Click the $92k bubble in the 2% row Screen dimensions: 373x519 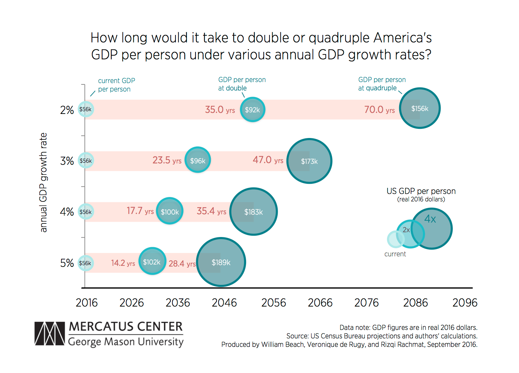tap(253, 110)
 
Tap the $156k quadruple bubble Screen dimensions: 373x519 tap(420, 108)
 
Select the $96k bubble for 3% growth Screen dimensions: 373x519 tap(198, 160)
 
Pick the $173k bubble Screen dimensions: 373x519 tap(309, 161)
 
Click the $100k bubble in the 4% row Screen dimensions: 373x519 tap(170, 211)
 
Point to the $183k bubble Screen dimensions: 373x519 tap(254, 212)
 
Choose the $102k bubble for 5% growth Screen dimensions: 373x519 tap(152, 261)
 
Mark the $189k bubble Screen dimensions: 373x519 tap(221, 262)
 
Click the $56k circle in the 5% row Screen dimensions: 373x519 tap(85, 263)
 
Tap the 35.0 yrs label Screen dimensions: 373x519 tap(220, 110)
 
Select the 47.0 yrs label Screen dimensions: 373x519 tap(268, 160)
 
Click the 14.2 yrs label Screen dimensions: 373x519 tap(123, 263)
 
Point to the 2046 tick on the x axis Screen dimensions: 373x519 tap(224, 302)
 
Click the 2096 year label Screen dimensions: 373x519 tap(465, 302)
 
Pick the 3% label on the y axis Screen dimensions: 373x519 tap(67, 161)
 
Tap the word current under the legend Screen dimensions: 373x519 tap(395, 254)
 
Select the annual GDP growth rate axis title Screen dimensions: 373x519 tap(43, 182)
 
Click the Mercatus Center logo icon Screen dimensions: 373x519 tap(50, 334)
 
